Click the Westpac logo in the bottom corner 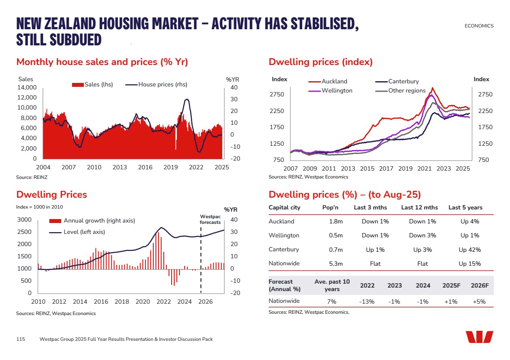[x=479, y=337]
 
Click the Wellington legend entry [x=337, y=90]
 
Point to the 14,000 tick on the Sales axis [x=27, y=87]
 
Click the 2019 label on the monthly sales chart [x=171, y=167]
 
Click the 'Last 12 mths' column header [x=419, y=207]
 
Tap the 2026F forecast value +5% [x=479, y=301]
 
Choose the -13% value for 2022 [x=367, y=301]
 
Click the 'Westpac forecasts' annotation [x=210, y=219]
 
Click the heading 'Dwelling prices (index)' [x=320, y=62]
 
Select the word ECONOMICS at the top [x=479, y=26]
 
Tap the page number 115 [x=21, y=339]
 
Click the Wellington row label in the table [x=284, y=235]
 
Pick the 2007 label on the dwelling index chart [x=291, y=168]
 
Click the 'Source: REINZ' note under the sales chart [x=32, y=177]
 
